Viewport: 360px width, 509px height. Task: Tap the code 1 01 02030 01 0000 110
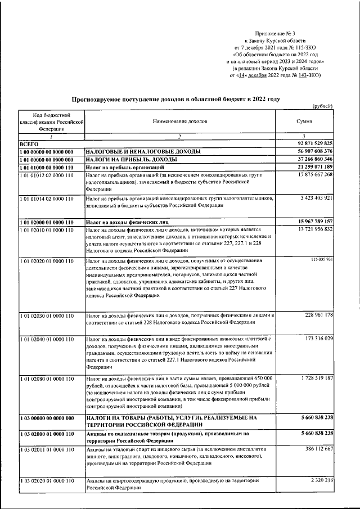click(46, 316)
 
